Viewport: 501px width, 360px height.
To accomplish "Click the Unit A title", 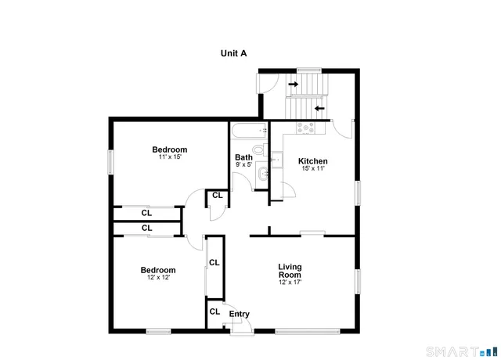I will point(233,54).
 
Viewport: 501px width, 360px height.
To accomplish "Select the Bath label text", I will point(243,157).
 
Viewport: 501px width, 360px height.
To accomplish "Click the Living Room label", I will point(290,271).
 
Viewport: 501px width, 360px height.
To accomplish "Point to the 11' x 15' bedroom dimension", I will point(170,157).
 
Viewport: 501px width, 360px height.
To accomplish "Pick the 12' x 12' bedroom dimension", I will point(159,277).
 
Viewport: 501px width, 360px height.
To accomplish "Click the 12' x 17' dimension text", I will point(290,283).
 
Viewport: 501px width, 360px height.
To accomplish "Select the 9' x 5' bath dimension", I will point(243,164).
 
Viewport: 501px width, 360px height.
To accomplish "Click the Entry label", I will point(239,315).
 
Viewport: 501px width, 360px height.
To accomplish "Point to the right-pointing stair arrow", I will point(293,83).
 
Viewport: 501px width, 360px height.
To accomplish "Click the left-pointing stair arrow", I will point(319,108).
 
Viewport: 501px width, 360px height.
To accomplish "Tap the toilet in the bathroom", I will point(258,149).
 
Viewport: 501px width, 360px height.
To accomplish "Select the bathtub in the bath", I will point(249,130).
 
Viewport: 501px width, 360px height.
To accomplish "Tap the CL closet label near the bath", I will point(215,196).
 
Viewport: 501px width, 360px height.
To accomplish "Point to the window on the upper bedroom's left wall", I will point(110,160).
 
